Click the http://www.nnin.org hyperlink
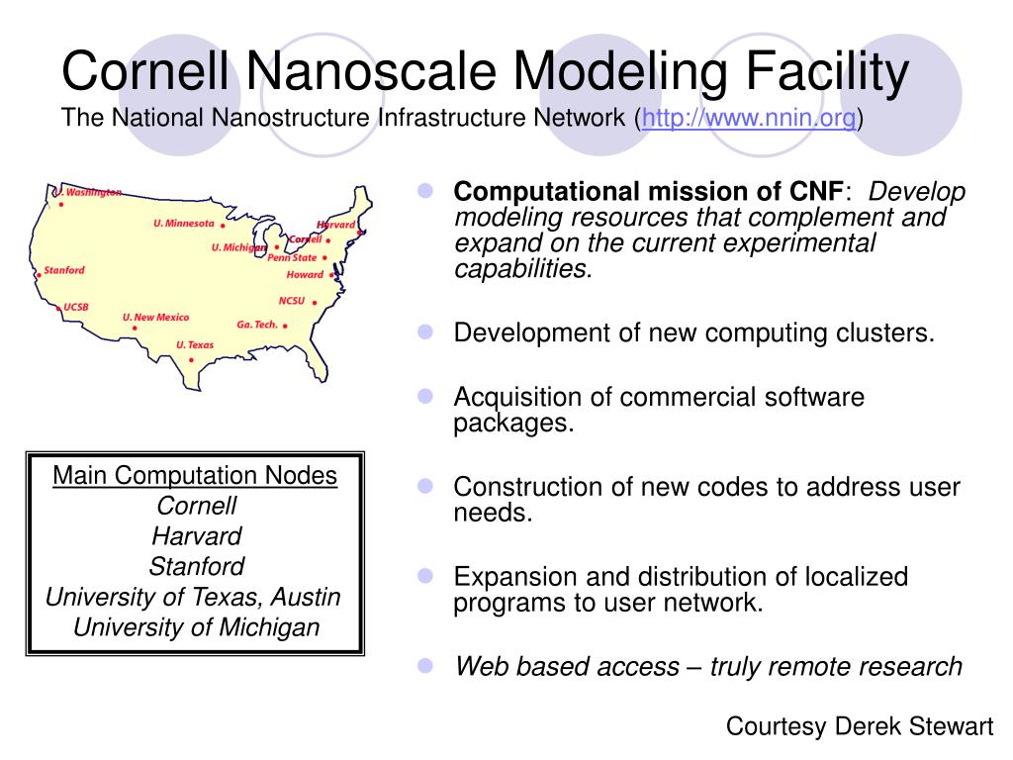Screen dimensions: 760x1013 750,119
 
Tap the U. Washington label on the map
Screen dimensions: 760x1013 88,192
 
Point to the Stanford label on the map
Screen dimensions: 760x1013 64,270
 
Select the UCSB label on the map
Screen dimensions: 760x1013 76,307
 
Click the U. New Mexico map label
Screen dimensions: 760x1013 155,318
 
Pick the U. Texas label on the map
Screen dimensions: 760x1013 195,344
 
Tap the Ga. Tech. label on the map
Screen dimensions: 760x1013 257,325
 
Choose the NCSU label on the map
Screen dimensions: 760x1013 292,300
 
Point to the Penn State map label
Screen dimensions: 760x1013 292,257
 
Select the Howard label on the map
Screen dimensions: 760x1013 305,274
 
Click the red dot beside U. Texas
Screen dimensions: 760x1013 191,360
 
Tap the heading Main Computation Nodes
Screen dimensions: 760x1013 195,476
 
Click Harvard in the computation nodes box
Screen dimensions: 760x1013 196,536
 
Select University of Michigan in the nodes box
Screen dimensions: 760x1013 196,627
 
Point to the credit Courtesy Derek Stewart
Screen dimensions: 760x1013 859,726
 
